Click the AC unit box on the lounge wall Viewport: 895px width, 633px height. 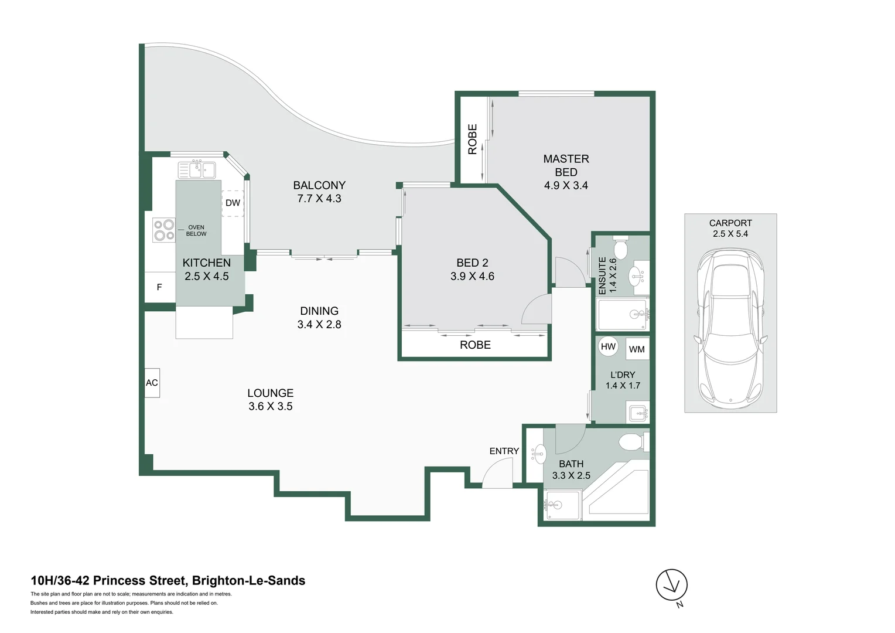point(152,383)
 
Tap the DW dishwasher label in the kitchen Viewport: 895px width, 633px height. point(233,203)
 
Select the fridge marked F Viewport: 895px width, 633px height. point(159,287)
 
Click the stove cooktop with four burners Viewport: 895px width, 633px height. point(164,230)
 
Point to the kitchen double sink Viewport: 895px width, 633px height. point(197,169)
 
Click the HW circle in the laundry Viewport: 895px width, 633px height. point(608,346)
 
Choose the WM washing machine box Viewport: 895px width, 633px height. point(637,349)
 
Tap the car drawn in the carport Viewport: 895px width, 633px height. point(730,328)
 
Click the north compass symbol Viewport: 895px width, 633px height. point(671,585)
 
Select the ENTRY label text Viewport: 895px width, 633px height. point(504,451)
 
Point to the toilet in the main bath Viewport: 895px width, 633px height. point(631,442)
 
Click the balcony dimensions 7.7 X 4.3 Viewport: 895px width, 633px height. point(319,199)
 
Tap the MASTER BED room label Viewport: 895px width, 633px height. point(566,165)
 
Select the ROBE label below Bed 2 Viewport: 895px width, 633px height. point(475,345)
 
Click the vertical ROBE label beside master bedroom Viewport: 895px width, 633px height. point(473,139)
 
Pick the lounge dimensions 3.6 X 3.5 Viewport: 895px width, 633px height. point(270,407)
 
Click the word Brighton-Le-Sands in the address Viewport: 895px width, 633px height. point(248,581)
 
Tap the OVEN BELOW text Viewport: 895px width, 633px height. point(196,230)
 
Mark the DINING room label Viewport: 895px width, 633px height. point(319,311)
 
